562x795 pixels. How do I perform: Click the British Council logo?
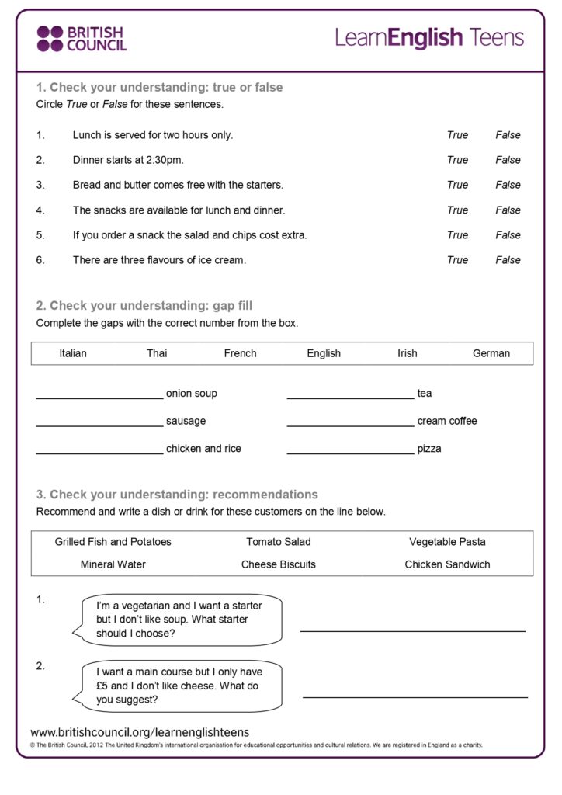(81, 38)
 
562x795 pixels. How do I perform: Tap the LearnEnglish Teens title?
(429, 37)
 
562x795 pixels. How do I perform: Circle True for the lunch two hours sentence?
(457, 135)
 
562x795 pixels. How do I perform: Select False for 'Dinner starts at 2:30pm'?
(508, 160)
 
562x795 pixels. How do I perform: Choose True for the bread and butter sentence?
(457, 185)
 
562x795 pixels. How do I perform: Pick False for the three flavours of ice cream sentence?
(508, 260)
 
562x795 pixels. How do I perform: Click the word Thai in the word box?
(157, 353)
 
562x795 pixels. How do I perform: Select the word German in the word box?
(491, 353)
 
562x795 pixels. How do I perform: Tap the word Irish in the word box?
(408, 353)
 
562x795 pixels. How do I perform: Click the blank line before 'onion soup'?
(99, 396)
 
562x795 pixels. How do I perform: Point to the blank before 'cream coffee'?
(350, 424)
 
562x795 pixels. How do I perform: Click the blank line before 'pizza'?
(350, 451)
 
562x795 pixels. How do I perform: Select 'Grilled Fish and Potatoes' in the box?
(113, 542)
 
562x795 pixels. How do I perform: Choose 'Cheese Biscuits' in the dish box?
(279, 564)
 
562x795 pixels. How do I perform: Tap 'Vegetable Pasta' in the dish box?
(447, 542)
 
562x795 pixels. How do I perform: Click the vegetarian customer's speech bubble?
(182, 620)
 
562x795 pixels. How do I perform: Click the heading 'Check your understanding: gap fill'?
(144, 306)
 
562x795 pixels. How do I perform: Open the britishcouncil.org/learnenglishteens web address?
(140, 733)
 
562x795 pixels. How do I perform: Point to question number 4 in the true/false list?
(40, 210)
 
